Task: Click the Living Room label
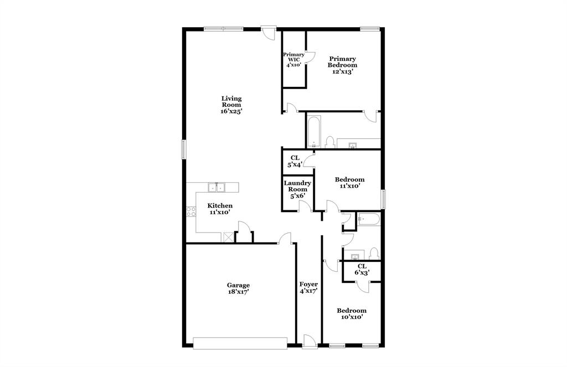(x=231, y=105)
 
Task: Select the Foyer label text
(x=308, y=287)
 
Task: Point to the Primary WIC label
(x=293, y=59)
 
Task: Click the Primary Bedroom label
(x=342, y=65)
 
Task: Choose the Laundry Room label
(x=297, y=189)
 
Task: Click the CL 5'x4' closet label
(x=295, y=161)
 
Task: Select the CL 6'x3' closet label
(x=361, y=270)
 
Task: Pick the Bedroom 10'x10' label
(x=352, y=314)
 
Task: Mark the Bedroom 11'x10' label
(x=349, y=183)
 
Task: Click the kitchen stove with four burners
(x=191, y=211)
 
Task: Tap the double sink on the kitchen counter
(x=216, y=187)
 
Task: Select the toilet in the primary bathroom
(x=329, y=143)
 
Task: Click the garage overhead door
(x=240, y=343)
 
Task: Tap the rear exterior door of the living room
(x=269, y=32)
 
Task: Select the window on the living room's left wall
(x=183, y=149)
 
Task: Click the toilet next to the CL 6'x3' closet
(x=373, y=254)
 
